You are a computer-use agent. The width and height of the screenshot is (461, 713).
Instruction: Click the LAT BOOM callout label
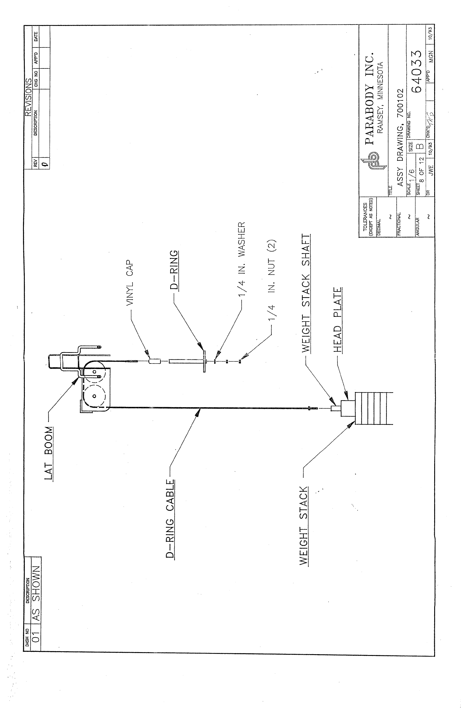pos(49,453)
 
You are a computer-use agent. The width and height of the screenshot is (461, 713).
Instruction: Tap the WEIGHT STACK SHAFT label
pos(306,293)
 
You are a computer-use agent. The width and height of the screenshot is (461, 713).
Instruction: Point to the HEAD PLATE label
pos(337,320)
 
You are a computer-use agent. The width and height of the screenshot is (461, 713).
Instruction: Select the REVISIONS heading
pos(28,98)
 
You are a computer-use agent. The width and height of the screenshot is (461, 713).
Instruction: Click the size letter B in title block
pos(420,146)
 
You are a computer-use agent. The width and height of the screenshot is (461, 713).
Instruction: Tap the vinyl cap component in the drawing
pos(155,361)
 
